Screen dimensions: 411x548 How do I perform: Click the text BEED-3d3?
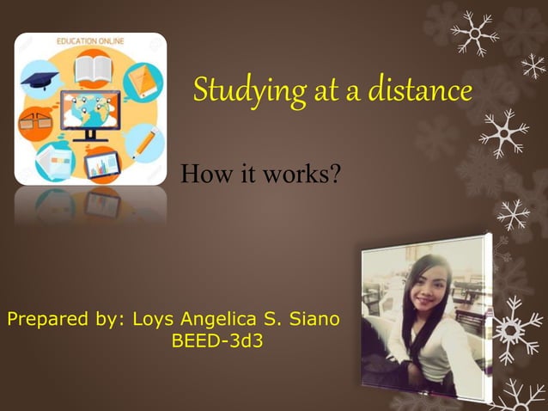click(217, 341)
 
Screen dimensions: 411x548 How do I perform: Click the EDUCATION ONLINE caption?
click(90, 40)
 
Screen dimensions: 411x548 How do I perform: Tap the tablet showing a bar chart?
click(101, 163)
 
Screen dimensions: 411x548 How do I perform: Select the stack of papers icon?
click(53, 160)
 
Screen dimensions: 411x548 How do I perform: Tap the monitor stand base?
click(90, 138)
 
